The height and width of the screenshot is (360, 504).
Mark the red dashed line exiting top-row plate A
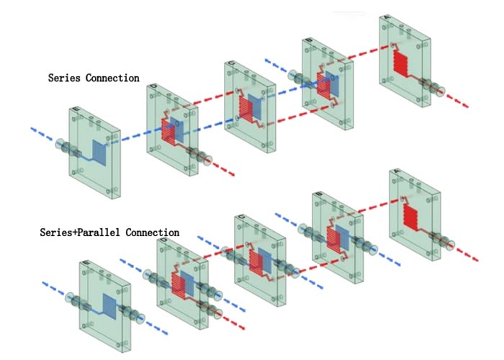point(457,100)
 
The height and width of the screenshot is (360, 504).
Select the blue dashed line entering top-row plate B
point(277,66)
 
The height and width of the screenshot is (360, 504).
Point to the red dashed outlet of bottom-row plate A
point(468,254)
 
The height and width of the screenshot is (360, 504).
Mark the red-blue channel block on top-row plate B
point(326,84)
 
